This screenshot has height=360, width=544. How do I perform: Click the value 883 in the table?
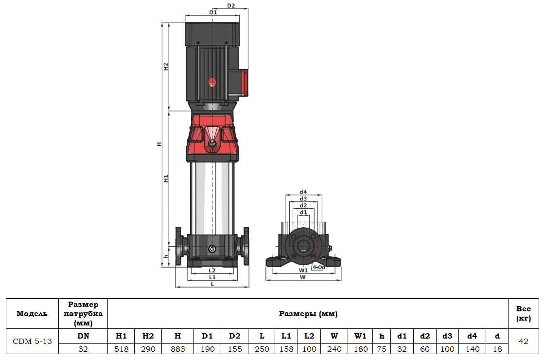coord(177,349)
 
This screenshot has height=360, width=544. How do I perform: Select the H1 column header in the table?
coord(121,336)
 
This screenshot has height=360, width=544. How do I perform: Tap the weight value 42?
coord(523,342)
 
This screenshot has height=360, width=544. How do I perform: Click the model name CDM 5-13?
coord(32,342)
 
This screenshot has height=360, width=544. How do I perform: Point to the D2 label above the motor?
coord(231,6)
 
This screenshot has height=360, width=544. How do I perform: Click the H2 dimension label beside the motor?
coord(165,67)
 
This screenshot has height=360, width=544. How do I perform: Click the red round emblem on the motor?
coord(212,82)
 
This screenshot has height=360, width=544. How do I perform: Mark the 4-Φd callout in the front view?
coord(318,267)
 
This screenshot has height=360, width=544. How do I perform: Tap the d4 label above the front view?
coord(303,192)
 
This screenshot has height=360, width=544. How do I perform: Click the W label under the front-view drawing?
coord(303,277)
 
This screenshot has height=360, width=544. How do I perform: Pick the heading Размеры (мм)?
coord(308,314)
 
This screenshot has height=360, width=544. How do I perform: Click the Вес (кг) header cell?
coord(523,314)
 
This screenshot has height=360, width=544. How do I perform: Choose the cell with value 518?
coord(121,349)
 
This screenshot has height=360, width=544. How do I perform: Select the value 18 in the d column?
coord(497,349)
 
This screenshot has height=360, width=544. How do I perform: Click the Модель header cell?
coord(32,314)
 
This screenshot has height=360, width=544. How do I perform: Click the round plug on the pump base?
coord(211,249)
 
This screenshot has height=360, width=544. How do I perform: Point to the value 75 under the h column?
coord(382,349)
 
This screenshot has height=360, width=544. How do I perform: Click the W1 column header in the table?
coord(360,336)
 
